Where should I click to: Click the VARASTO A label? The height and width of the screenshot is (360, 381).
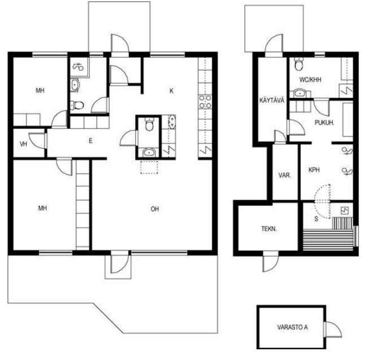click(292, 327)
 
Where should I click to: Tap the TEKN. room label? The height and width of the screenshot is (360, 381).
click(269, 228)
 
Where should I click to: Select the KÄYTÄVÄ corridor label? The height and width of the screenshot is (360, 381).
click(272, 101)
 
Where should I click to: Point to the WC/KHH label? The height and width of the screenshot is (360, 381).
click(310, 80)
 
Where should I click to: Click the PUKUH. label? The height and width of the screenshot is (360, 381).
click(324, 123)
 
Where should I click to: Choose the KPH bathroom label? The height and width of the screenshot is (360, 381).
click(314, 170)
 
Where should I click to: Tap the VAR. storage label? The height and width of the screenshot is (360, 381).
click(284, 175)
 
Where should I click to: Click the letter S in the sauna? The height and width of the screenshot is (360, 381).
click(316, 219)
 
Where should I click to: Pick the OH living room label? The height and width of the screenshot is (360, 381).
click(155, 209)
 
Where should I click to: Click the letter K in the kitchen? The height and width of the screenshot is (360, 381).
click(171, 91)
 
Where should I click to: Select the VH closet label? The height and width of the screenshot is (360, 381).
click(23, 144)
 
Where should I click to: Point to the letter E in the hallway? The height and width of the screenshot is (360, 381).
click(90, 141)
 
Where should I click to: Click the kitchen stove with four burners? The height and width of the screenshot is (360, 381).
click(205, 102)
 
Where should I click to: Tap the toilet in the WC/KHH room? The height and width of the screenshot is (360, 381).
click(298, 64)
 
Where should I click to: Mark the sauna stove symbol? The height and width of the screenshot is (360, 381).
click(345, 211)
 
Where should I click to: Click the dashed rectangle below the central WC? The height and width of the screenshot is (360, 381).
click(149, 167)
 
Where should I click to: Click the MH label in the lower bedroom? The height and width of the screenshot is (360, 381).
click(42, 208)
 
